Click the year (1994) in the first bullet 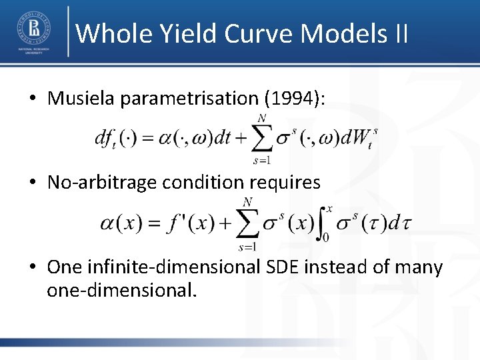pos(295,99)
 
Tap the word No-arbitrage pos(100,182)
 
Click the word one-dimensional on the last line pos(122,291)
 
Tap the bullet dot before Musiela pos(32,99)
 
